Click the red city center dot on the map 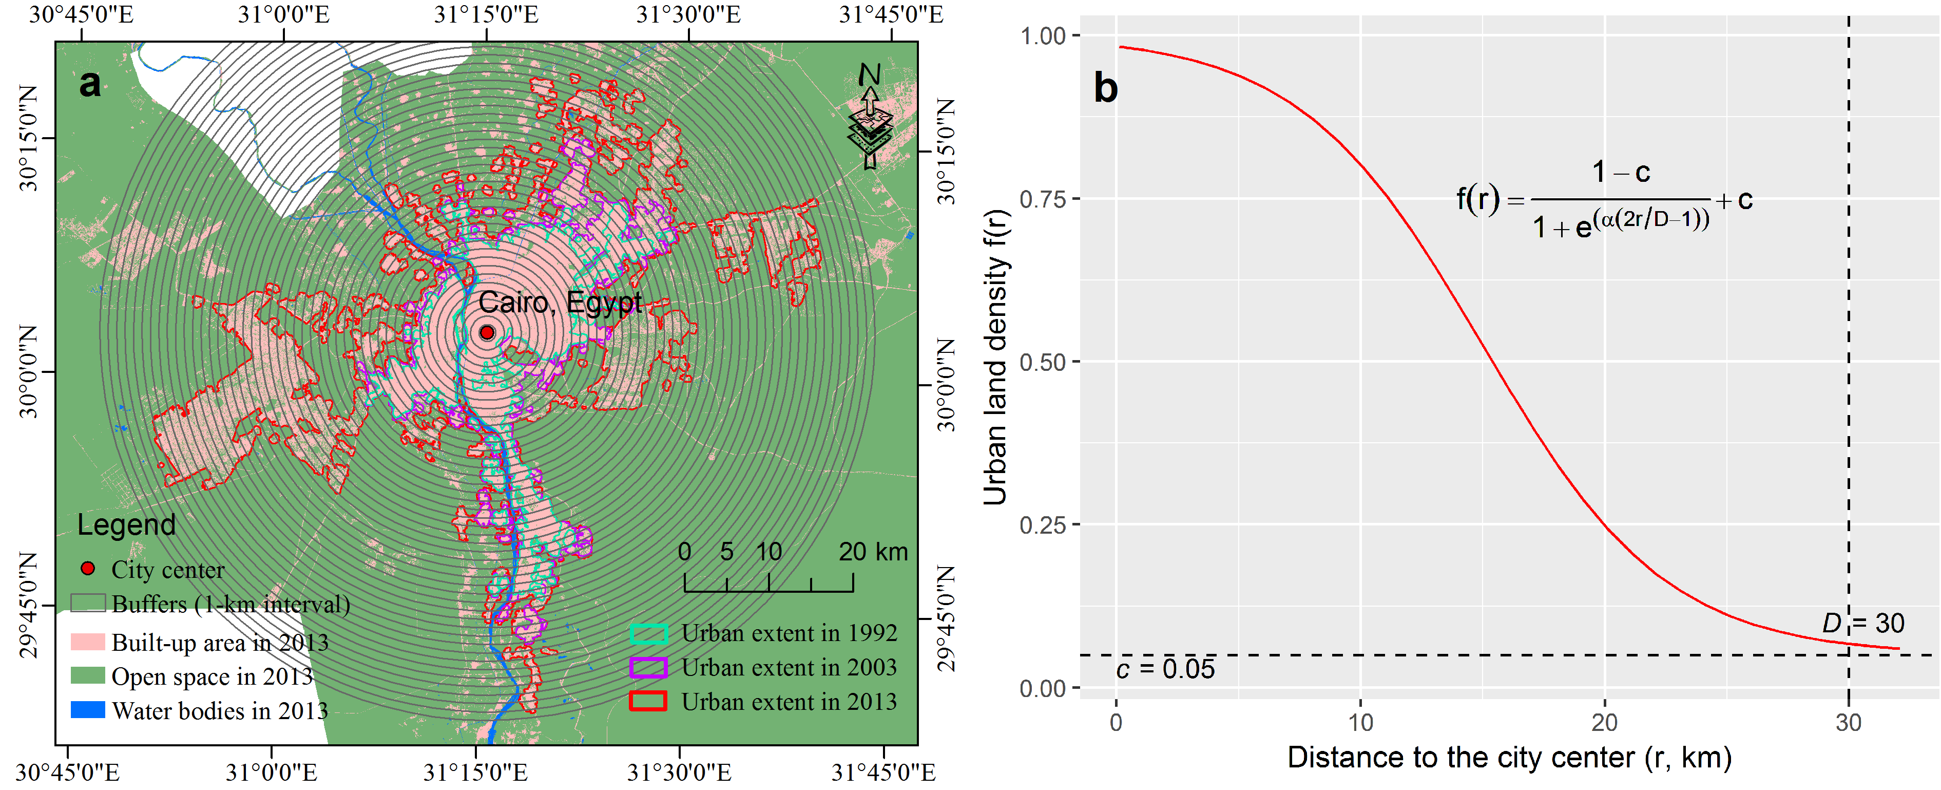[x=487, y=332]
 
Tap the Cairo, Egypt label [x=560, y=302]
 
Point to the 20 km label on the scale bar [x=873, y=552]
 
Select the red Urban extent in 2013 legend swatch [x=648, y=701]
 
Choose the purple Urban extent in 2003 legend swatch [x=648, y=667]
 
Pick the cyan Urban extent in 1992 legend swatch [x=648, y=633]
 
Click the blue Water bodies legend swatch [x=87, y=710]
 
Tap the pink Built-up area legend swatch [x=87, y=642]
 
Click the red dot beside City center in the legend [x=87, y=569]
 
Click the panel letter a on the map [x=90, y=83]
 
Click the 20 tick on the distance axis [x=1604, y=723]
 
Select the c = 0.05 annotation [x=1165, y=669]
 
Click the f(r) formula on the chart [x=1604, y=200]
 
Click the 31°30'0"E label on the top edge [x=688, y=14]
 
